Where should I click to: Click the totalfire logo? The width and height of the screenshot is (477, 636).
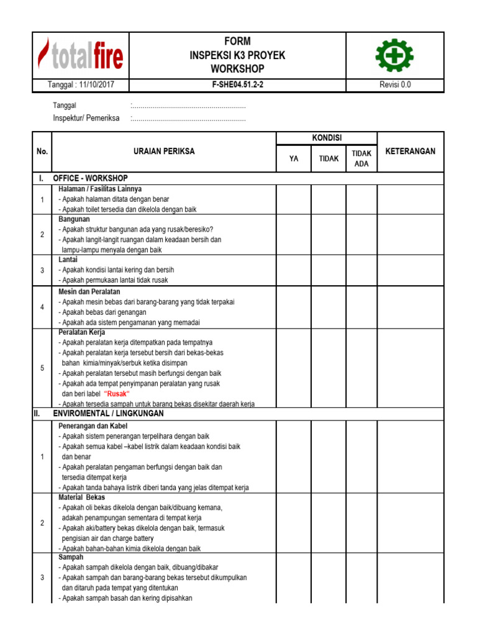tap(81, 55)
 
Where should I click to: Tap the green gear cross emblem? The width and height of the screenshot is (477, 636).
tap(394, 55)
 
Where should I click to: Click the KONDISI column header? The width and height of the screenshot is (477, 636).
tap(327, 137)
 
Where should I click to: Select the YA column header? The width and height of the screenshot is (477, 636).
tap(294, 158)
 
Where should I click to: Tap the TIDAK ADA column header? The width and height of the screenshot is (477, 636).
tap(361, 158)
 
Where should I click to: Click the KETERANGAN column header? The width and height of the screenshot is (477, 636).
tap(411, 151)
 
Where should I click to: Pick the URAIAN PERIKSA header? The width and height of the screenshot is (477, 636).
tap(164, 151)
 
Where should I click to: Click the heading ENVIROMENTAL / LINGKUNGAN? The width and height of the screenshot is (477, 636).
tap(109, 413)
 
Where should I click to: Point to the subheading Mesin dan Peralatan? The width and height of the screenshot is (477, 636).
tap(89, 291)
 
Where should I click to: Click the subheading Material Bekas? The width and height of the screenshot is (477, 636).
tap(82, 497)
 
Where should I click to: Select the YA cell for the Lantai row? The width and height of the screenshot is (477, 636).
tap(294, 270)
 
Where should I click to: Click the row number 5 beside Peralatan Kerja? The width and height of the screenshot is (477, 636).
tap(42, 368)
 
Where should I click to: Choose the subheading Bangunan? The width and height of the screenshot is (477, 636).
tap(75, 219)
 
